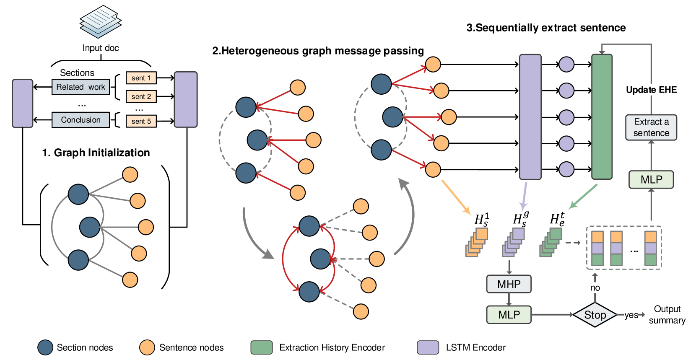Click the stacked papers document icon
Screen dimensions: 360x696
101,21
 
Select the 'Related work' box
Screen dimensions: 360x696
81,87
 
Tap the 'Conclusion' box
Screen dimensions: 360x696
81,120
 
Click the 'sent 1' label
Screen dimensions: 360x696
141,78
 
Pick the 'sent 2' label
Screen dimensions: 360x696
141,96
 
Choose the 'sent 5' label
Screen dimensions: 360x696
141,121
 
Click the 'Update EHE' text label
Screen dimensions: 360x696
651,90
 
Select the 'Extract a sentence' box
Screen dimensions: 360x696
651,127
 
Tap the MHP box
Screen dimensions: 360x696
509,284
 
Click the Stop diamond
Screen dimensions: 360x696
595,315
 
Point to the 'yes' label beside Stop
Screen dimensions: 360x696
631,315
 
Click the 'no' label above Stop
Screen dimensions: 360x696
595,287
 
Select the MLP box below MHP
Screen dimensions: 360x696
509,315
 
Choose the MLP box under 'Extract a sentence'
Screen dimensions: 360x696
651,179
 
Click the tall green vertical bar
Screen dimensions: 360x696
602,117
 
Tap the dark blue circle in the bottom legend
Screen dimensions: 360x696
45,347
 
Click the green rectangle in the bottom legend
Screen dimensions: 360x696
261,347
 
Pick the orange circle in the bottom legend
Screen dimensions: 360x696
147,347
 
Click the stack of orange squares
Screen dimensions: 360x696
477,242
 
